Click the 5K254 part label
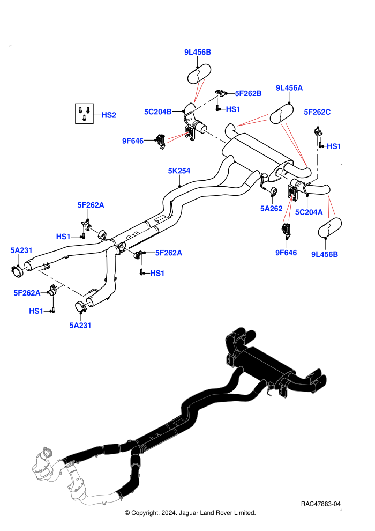179,171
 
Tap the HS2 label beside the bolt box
109,115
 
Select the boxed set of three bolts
84,114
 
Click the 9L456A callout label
289,88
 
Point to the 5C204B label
158,112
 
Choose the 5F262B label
248,93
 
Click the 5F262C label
317,112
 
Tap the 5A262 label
271,208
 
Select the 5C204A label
309,212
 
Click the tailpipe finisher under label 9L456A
281,114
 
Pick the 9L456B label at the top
198,52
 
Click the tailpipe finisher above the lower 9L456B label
330,227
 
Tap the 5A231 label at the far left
21,250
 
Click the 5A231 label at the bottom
80,326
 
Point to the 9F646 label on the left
133,141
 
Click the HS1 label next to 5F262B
233,109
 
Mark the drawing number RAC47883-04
320,504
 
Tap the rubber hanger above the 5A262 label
274,191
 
